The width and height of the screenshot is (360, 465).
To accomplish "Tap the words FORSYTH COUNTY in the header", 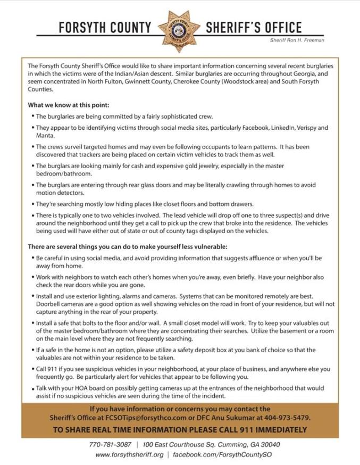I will [x=105, y=28].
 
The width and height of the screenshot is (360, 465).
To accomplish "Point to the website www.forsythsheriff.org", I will [x=129, y=455].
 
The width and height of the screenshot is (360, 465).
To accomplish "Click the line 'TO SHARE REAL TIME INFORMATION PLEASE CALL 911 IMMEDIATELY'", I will [x=180, y=429].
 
